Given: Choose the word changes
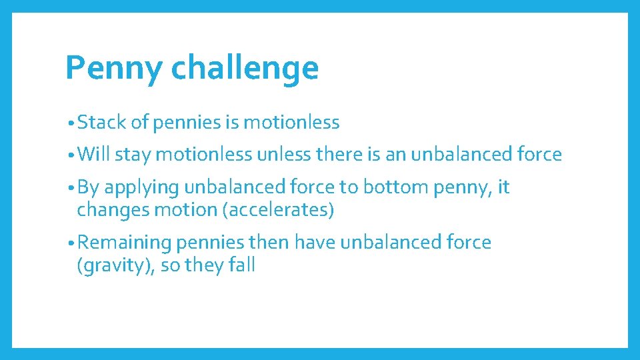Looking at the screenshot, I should pos(110,210).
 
